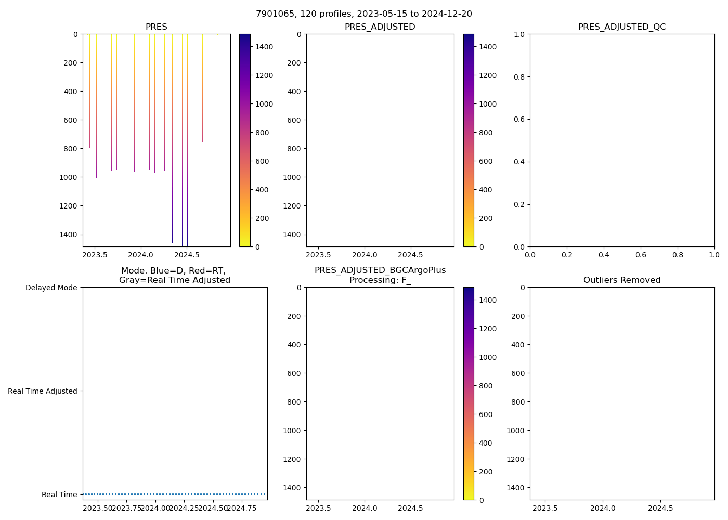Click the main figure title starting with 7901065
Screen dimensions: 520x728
click(x=364, y=14)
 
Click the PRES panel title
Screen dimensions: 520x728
click(x=156, y=27)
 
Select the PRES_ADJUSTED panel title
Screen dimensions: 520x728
click(x=380, y=27)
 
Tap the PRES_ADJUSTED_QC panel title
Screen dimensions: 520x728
click(x=622, y=27)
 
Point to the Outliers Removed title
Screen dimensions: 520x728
click(x=622, y=280)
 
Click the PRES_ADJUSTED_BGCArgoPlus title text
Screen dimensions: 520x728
click(x=380, y=270)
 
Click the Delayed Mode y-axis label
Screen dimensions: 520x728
click(x=51, y=288)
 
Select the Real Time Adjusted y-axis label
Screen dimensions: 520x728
click(x=43, y=391)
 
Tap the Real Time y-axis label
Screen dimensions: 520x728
click(x=59, y=495)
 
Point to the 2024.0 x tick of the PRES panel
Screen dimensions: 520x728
click(x=141, y=255)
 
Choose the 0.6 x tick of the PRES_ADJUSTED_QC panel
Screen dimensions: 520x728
click(x=641, y=255)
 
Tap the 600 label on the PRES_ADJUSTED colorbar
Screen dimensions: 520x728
click(x=485, y=161)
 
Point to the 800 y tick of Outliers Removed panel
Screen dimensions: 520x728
click(x=518, y=402)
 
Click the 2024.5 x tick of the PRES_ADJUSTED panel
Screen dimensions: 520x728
click(x=411, y=255)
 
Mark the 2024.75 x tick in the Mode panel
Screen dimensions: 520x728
click(x=242, y=509)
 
